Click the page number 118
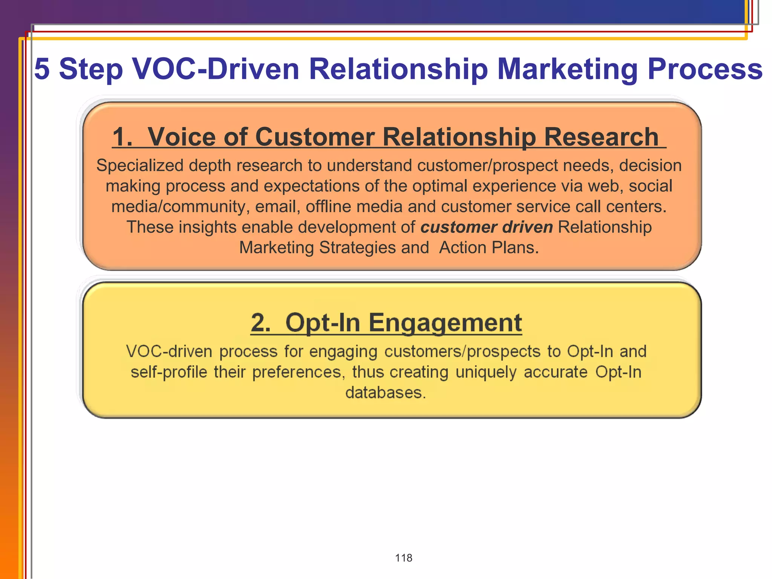click(x=403, y=558)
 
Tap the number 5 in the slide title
click(x=42, y=69)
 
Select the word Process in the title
click(x=705, y=69)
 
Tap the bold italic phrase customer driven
click(x=486, y=227)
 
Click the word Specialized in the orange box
click(x=139, y=166)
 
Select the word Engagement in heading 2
click(x=445, y=323)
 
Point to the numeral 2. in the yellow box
click(x=260, y=323)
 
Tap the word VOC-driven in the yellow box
click(x=169, y=351)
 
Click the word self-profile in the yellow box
click(x=169, y=372)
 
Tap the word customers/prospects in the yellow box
click(x=462, y=351)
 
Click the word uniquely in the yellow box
click(x=486, y=372)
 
